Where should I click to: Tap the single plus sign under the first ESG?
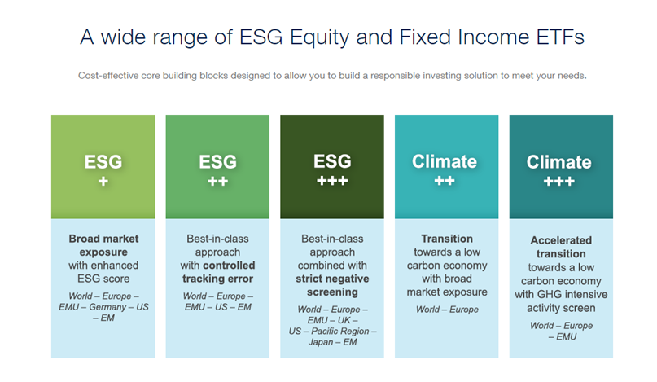coord(103,181)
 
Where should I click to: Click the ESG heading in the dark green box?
coord(332,161)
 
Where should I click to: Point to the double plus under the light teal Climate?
coord(445,181)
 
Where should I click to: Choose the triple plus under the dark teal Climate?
coord(559,181)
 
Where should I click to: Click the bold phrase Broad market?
coord(103,239)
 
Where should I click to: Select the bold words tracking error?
coord(217,279)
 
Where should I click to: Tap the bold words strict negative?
coord(332,279)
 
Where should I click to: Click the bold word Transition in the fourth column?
coord(447,239)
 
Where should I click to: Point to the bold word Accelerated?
coord(561,240)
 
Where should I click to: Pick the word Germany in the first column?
coord(107,307)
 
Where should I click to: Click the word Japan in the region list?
coord(321,342)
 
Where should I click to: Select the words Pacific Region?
coord(340,332)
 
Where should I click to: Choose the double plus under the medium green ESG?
coord(218,181)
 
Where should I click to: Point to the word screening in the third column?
coord(332,292)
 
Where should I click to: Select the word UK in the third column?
coord(344,320)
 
